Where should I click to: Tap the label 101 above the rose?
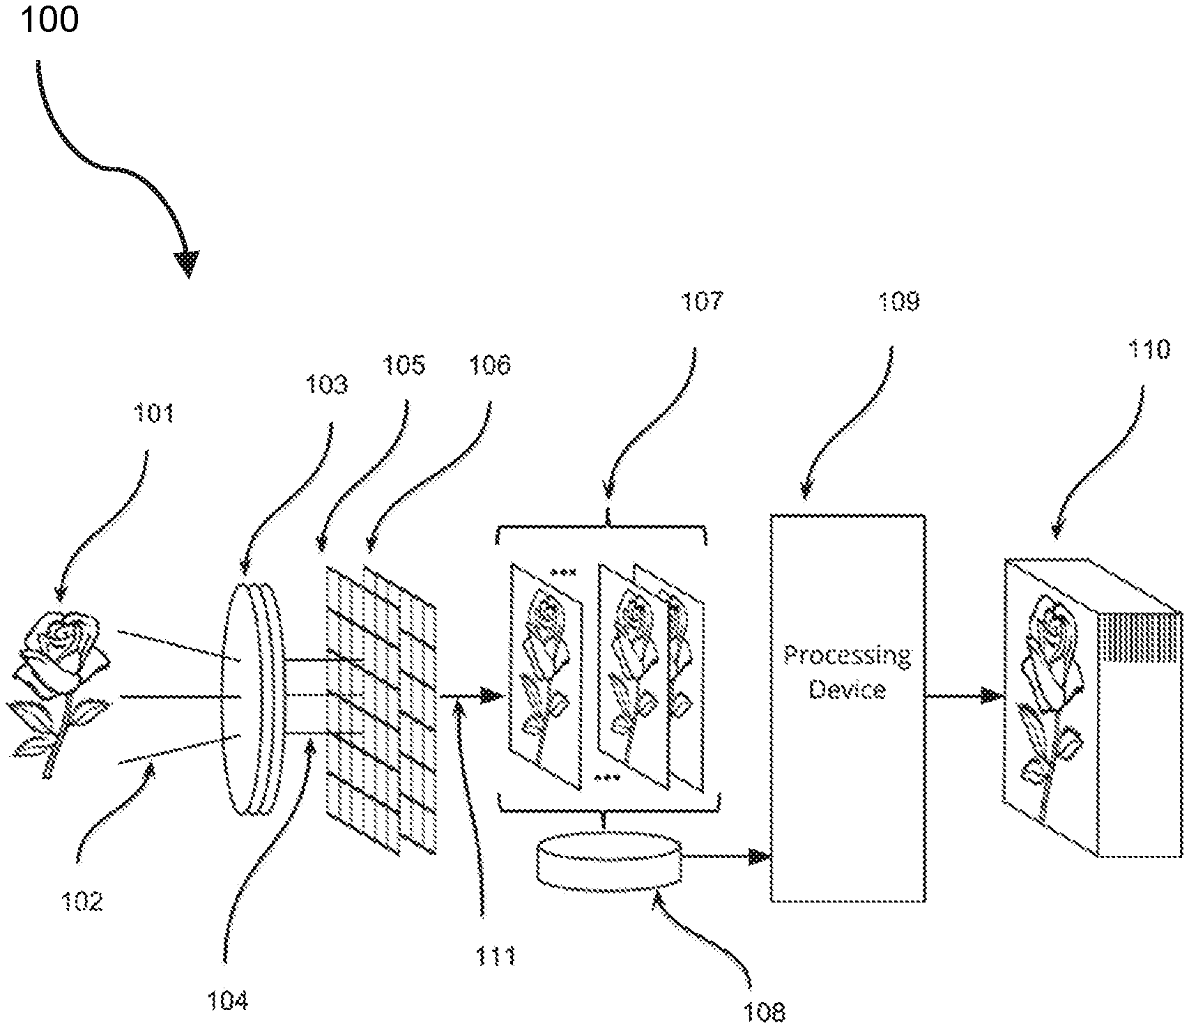click(153, 414)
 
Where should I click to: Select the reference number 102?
click(82, 901)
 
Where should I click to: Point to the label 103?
click(326, 384)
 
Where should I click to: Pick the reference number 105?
click(404, 365)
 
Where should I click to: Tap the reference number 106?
click(489, 365)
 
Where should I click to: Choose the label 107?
click(702, 302)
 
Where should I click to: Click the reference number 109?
click(898, 302)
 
